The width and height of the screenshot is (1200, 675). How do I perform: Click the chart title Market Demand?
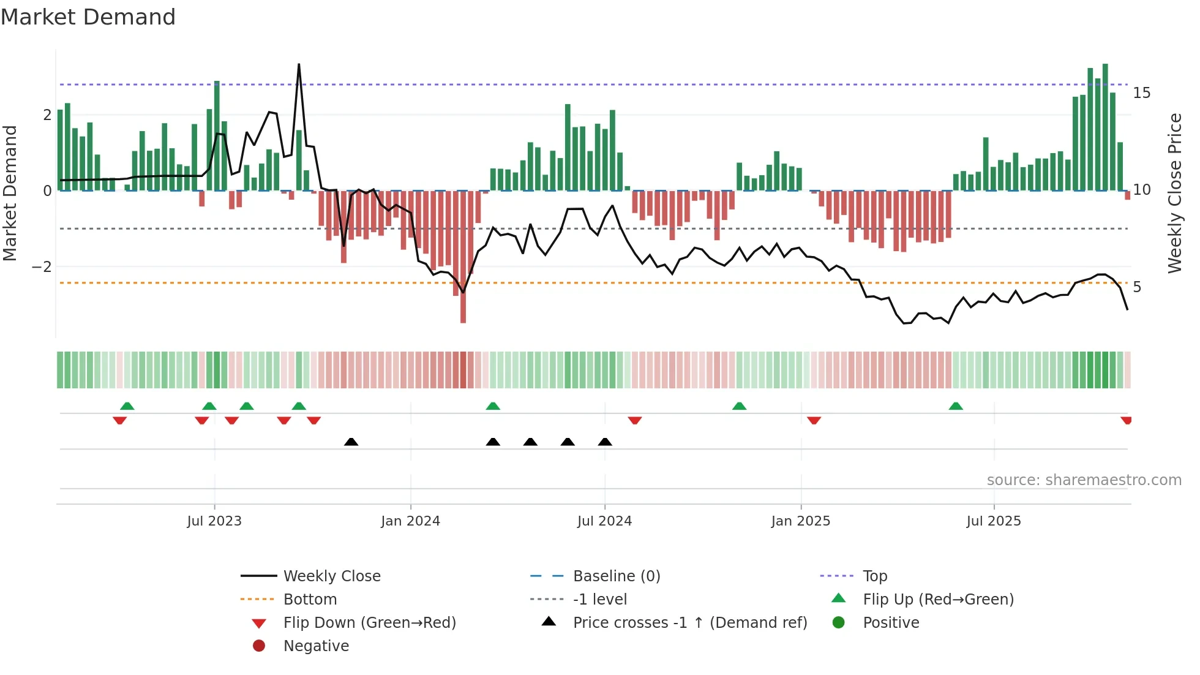[x=88, y=17]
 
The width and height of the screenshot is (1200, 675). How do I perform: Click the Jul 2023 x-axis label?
[x=214, y=521]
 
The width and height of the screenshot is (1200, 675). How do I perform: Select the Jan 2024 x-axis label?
[x=410, y=521]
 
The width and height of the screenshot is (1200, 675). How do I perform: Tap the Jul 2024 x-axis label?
[x=604, y=521]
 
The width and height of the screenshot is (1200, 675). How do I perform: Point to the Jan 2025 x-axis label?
[x=800, y=521]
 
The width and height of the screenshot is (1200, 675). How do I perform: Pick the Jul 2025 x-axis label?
[x=994, y=521]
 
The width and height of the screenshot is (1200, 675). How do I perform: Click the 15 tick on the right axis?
[x=1141, y=93]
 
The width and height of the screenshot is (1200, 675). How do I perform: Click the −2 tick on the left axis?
[x=42, y=267]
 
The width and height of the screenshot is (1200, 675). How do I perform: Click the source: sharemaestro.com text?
[x=1084, y=480]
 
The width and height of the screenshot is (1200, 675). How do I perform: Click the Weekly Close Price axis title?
[x=1174, y=193]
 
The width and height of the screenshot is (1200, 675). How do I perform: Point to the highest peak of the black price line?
[x=299, y=65]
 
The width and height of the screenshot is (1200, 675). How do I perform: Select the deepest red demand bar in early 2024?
[x=463, y=257]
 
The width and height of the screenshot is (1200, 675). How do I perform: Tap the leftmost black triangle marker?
[x=351, y=442]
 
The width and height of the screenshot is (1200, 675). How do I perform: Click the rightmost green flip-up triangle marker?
[x=956, y=406]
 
